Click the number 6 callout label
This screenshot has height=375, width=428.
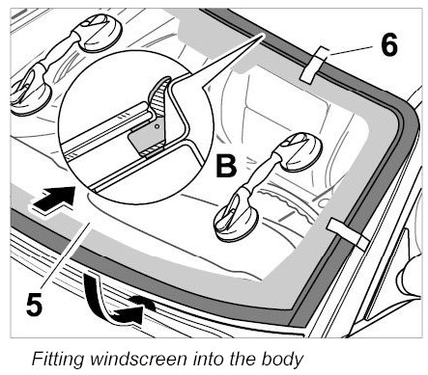coord(389,44)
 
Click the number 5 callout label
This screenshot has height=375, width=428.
coord(34,304)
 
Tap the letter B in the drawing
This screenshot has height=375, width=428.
coord(226,166)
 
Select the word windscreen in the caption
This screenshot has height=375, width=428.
coord(138,359)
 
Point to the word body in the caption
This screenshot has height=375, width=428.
coord(282,359)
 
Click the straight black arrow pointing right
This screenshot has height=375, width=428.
coord(54,200)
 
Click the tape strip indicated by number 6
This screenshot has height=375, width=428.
coord(314,65)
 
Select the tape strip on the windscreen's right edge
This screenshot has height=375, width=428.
coord(347,232)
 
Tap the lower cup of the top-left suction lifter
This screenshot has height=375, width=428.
coord(31,93)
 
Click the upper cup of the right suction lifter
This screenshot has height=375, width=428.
coord(300,152)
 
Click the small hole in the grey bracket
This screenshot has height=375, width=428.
coord(157,126)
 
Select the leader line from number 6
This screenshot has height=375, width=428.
coord(352,52)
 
